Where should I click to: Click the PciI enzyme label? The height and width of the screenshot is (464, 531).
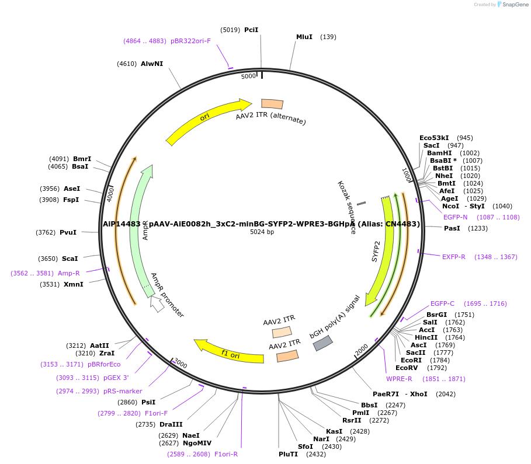tap(251, 30)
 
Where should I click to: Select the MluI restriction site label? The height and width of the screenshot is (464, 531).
tap(304, 37)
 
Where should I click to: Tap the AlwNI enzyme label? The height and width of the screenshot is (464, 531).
tap(152, 64)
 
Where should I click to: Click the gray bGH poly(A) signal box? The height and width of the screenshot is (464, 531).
tap(323, 343)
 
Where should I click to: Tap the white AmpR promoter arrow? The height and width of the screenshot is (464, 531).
tap(157, 303)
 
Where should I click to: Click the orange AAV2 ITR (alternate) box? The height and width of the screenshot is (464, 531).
tap(272, 104)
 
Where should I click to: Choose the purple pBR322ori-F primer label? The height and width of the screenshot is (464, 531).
tap(190, 41)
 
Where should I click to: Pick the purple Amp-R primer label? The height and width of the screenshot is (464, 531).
tap(69, 273)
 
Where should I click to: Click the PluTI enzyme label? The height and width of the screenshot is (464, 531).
tap(288, 453)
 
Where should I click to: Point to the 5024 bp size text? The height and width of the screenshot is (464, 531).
tap(262, 232)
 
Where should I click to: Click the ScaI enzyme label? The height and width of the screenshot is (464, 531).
tap(70, 259)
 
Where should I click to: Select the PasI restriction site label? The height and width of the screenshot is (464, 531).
tap(452, 228)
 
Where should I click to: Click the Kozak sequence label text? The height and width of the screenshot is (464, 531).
tap(346, 207)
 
